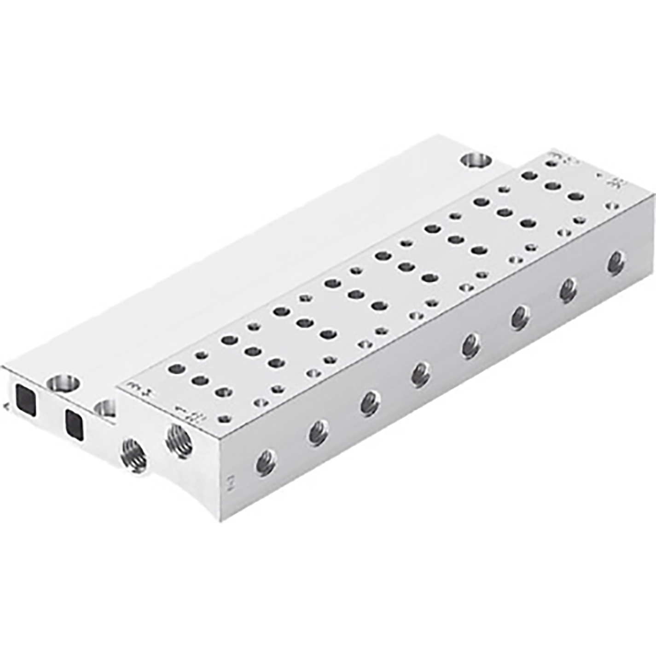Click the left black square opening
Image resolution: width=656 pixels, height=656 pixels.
[26, 399]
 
